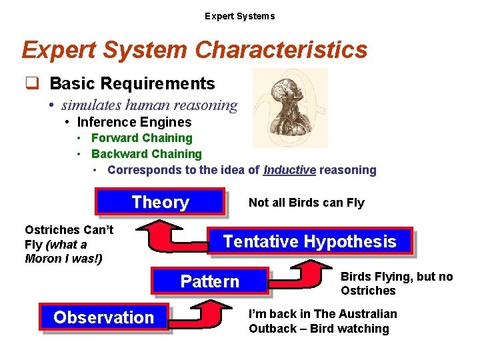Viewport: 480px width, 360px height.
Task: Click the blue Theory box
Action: point(160,202)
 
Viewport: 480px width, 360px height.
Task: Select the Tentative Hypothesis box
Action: point(309,241)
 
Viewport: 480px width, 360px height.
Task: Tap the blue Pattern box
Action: point(210,281)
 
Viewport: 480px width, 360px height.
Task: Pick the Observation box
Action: point(103,317)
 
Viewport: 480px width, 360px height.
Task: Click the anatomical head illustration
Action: point(291,107)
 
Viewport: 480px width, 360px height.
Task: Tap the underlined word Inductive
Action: point(289,170)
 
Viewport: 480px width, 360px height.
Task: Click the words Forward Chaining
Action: point(141,138)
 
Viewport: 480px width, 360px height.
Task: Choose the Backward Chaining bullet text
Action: point(146,154)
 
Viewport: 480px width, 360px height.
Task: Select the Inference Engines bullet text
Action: point(134,122)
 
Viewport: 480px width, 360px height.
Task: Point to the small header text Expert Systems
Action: point(239,16)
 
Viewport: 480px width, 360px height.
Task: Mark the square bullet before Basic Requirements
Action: point(31,83)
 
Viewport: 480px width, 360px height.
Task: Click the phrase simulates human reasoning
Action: point(149,105)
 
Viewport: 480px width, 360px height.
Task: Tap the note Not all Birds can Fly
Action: point(306,203)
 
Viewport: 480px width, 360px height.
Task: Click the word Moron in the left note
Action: point(42,259)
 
